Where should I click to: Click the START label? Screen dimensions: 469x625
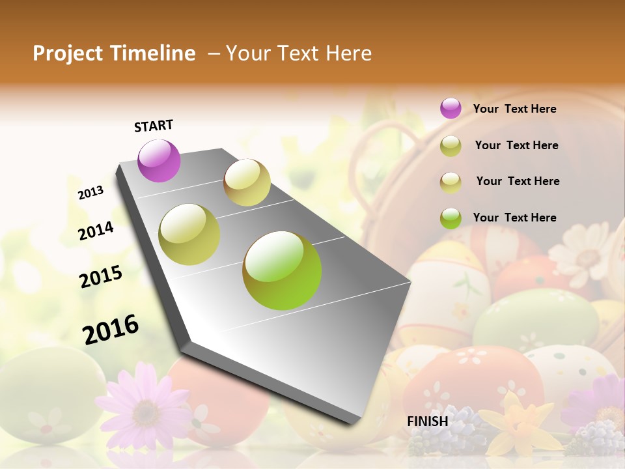[154, 126]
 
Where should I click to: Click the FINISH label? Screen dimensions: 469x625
[428, 421]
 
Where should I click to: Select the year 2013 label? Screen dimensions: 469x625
[91, 193]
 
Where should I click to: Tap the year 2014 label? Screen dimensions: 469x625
[96, 231]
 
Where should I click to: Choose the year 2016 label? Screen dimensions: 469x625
[111, 330]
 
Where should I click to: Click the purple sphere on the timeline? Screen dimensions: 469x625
[159, 160]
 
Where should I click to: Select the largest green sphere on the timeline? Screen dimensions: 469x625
[282, 270]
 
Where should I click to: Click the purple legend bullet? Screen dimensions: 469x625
[451, 108]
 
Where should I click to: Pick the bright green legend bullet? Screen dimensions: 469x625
[451, 218]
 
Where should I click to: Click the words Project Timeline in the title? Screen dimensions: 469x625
[114, 53]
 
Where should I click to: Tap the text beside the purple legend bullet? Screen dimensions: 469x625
[514, 109]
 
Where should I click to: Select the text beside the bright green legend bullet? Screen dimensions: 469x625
[514, 218]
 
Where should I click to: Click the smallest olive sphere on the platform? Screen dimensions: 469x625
[247, 182]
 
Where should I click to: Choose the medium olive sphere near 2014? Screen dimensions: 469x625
[189, 234]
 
